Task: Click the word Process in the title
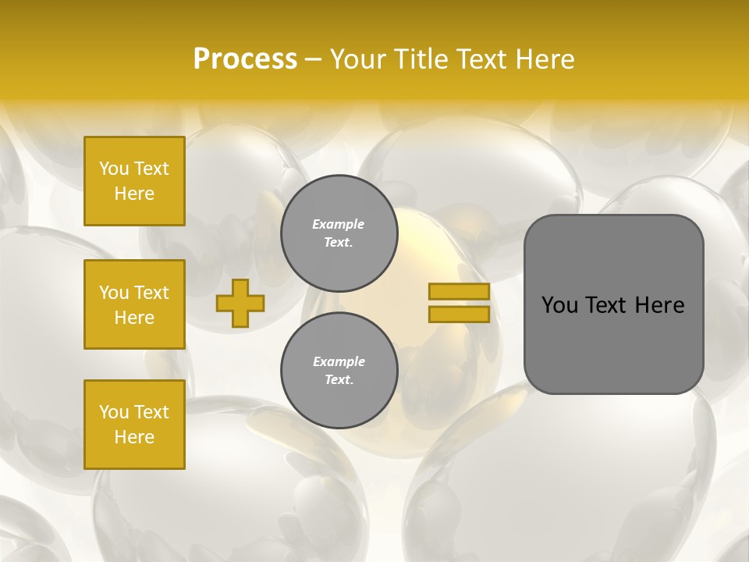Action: (x=245, y=59)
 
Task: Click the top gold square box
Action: (x=134, y=181)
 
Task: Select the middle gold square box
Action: (x=134, y=304)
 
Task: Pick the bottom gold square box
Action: (x=134, y=425)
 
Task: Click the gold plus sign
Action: (x=240, y=303)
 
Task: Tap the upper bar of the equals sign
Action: (x=459, y=291)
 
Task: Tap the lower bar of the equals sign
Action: (x=459, y=315)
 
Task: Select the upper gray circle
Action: (x=339, y=233)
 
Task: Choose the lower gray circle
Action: (x=339, y=370)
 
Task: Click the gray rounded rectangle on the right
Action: (x=613, y=304)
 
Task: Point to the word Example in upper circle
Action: (x=339, y=224)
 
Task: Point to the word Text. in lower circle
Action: (x=339, y=380)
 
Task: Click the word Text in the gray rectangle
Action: (x=607, y=305)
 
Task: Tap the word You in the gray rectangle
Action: (x=560, y=305)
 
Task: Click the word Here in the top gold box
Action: (x=134, y=194)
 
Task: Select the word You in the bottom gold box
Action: (x=114, y=412)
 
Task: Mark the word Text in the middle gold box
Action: (x=151, y=293)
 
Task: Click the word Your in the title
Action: (x=359, y=59)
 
